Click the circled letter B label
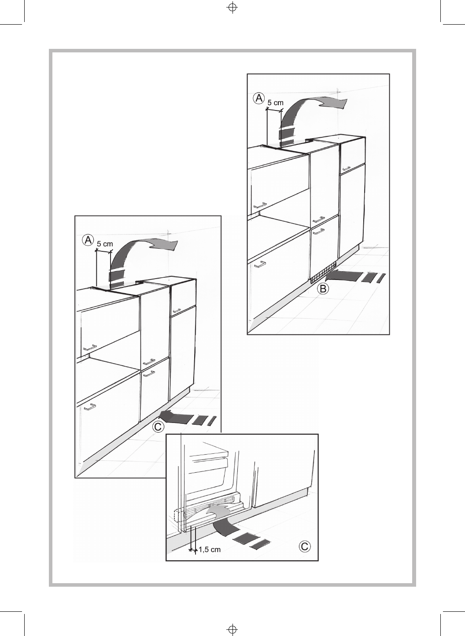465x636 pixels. [x=324, y=289]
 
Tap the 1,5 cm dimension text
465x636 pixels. [x=209, y=549]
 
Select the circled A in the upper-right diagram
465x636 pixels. [x=259, y=98]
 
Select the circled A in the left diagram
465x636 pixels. [x=88, y=240]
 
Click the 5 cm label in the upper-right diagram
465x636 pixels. [x=276, y=103]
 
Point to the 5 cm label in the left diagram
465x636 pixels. [x=105, y=243]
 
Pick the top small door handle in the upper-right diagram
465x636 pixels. [x=347, y=168]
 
